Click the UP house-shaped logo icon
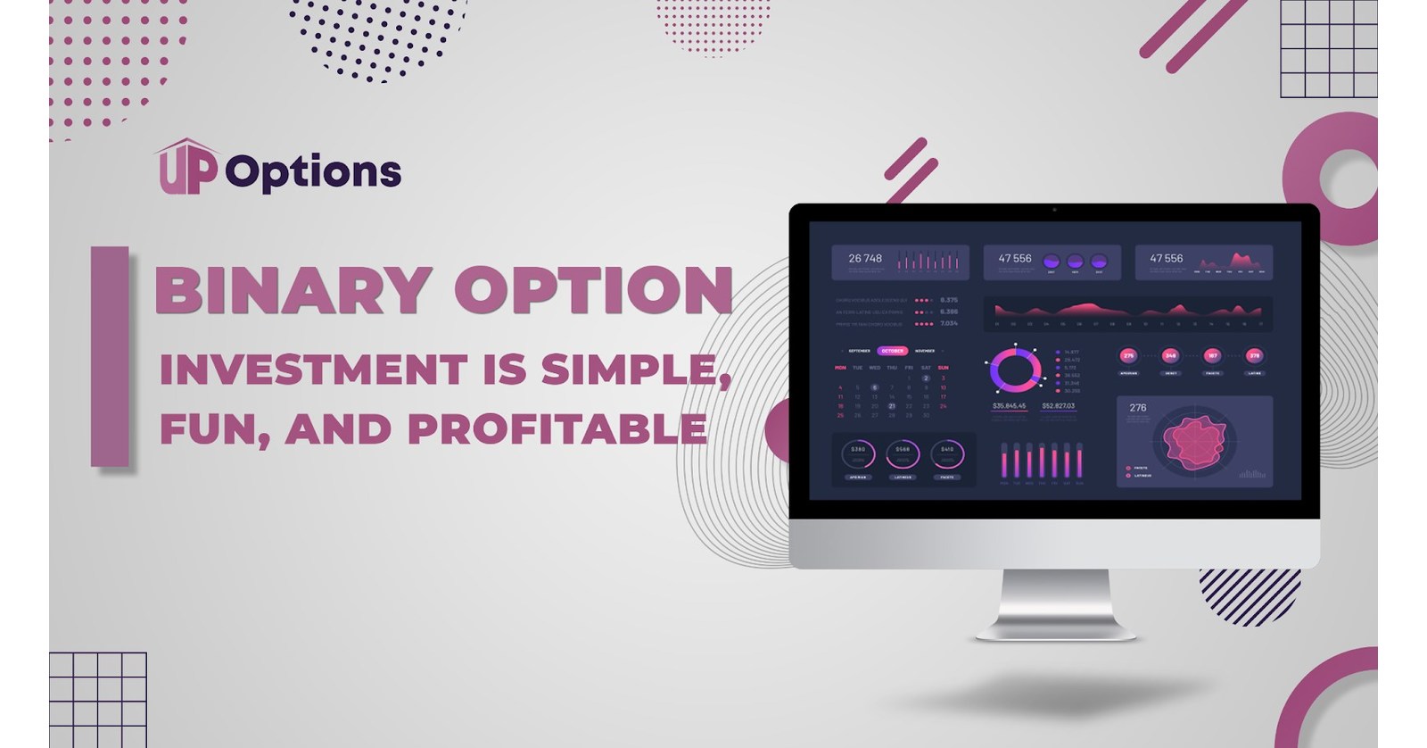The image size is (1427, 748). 187,167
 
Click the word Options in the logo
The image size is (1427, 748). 313,172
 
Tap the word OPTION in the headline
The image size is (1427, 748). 594,290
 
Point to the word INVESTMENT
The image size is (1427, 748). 313,370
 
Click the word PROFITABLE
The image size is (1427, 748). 557,429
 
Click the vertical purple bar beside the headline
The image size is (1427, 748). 110,356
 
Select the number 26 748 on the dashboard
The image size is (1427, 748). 865,259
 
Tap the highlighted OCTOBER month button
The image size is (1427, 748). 892,351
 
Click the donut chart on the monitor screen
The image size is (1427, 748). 1015,370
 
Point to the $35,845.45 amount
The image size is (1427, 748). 1009,406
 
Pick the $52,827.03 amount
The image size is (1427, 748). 1058,406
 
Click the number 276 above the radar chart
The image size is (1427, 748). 1138,408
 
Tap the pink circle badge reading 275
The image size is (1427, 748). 1128,355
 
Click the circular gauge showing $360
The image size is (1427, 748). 858,453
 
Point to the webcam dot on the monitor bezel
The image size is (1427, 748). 1054,211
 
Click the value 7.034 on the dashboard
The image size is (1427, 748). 949,323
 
